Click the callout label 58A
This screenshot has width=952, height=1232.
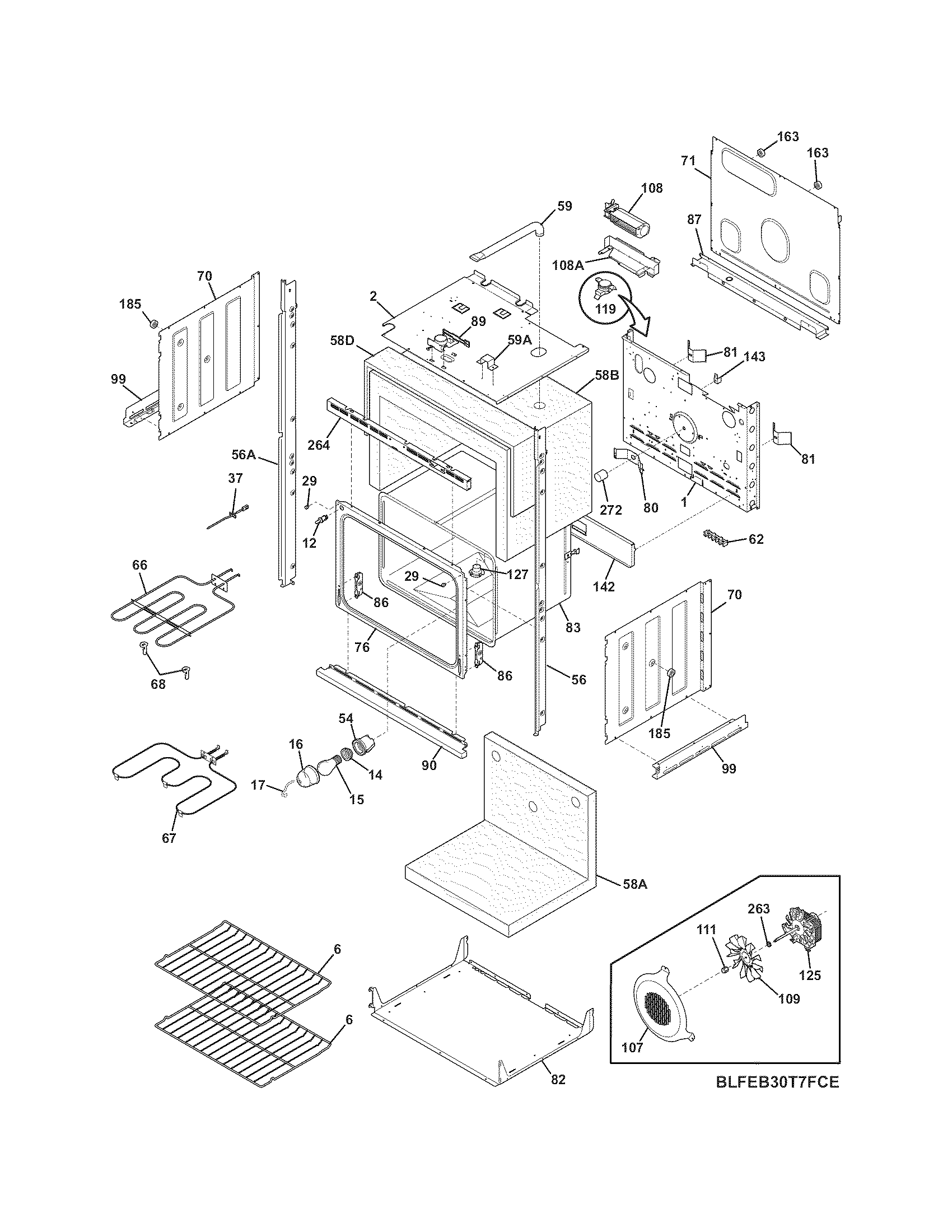[634, 885]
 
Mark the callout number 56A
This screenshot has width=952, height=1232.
[244, 454]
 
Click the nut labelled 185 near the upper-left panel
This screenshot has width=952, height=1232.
[152, 324]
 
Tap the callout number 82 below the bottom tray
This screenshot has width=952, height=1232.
[558, 1079]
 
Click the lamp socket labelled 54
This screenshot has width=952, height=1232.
[361, 744]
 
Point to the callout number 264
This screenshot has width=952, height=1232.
[319, 445]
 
